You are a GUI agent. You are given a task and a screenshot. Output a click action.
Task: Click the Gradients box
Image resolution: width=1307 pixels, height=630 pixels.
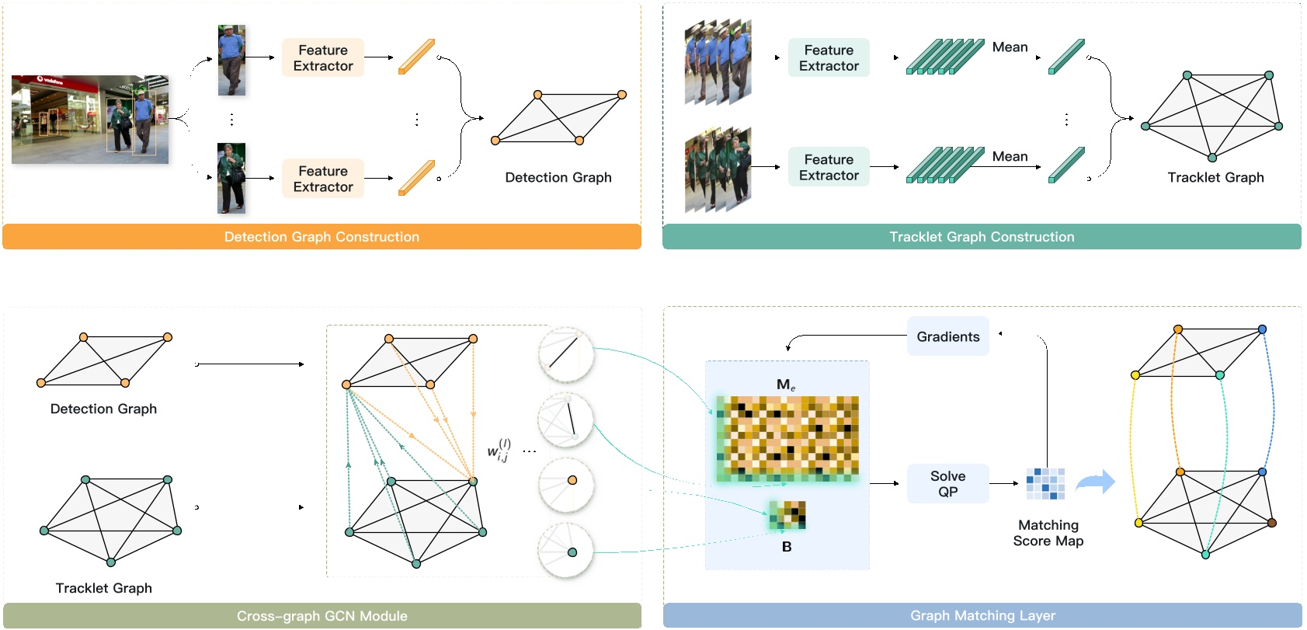(x=947, y=336)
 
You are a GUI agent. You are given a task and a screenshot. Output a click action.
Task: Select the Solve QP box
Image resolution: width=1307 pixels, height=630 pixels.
(x=947, y=483)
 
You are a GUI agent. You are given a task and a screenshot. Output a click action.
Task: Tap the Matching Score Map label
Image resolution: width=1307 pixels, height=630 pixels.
(x=1048, y=533)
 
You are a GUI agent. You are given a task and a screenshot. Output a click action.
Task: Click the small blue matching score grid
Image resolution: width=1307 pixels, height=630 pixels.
(x=1045, y=483)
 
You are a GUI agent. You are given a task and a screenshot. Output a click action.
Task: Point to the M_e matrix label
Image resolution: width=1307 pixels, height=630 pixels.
(x=785, y=385)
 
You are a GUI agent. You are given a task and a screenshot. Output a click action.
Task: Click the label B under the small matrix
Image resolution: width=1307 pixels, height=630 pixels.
(x=787, y=547)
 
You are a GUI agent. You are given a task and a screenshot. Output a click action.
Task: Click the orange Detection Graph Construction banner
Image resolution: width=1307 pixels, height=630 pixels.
(x=322, y=237)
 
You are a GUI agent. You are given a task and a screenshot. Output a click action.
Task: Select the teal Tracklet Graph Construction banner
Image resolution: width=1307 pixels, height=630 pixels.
(x=982, y=237)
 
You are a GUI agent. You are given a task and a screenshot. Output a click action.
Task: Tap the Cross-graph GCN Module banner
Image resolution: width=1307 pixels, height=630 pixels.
(x=322, y=616)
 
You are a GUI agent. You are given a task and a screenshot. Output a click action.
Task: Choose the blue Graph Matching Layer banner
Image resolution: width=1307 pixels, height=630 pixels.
(x=982, y=616)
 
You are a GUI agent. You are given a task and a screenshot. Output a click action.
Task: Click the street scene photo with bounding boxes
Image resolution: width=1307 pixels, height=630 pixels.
(x=90, y=120)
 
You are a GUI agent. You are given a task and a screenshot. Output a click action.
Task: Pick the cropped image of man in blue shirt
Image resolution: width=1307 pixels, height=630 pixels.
(x=231, y=60)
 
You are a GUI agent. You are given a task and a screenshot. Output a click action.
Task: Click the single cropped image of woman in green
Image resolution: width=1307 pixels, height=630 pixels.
(x=231, y=178)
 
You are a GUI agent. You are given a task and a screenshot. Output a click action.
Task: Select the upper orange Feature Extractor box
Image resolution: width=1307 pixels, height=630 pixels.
(x=323, y=58)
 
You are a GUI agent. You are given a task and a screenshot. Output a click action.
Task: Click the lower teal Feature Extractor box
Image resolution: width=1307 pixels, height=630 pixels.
(x=829, y=167)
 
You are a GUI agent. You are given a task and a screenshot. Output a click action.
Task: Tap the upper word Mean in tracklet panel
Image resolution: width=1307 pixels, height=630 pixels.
(x=1010, y=47)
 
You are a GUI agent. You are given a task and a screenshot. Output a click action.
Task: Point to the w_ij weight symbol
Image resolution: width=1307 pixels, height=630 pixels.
(x=499, y=450)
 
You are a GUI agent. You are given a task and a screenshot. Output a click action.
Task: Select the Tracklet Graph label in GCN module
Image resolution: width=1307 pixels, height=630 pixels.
(x=103, y=588)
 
